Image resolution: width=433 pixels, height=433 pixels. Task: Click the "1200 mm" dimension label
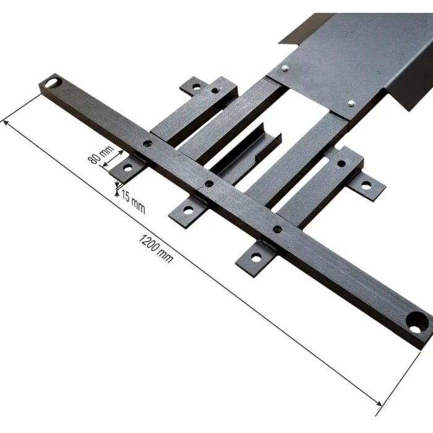(155, 248)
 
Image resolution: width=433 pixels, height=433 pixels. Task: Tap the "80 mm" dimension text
(101, 155)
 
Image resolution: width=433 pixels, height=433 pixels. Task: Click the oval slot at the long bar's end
(52, 82)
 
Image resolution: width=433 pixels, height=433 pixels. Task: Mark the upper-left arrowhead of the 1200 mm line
(6, 124)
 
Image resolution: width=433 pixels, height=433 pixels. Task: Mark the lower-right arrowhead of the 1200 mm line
(379, 403)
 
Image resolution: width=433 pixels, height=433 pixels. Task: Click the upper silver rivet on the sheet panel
(285, 67)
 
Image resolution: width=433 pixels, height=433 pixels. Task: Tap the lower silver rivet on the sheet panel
(351, 103)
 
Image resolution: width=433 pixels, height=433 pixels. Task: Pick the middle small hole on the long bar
(209, 183)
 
